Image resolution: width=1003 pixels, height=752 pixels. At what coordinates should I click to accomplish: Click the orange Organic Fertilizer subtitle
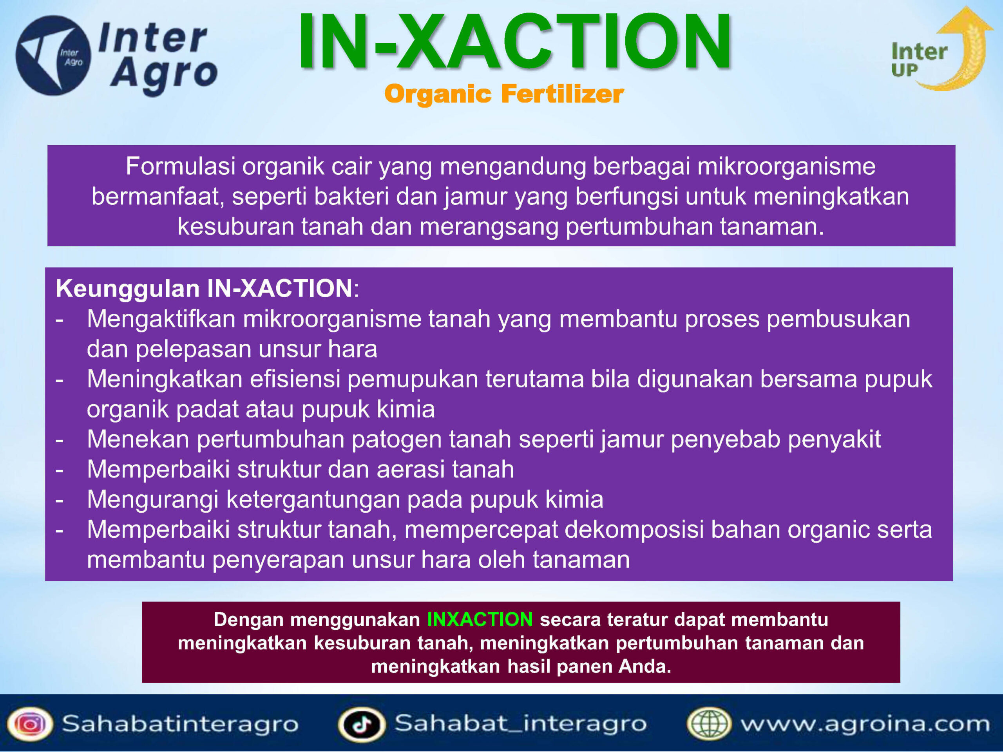(504, 94)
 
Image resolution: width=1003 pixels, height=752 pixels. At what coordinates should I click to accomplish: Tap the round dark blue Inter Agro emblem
(53, 55)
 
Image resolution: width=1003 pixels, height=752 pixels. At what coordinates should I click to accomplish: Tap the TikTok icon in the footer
(361, 724)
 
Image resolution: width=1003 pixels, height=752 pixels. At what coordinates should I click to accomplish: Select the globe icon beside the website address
(709, 724)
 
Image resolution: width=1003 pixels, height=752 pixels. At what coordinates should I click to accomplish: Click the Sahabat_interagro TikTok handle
(521, 723)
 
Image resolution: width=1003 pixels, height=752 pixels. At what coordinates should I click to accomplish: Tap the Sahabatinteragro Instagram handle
(180, 724)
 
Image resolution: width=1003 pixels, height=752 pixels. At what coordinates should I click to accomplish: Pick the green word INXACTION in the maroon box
(480, 619)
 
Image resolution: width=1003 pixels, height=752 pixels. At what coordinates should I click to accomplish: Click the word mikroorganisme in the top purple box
(786, 167)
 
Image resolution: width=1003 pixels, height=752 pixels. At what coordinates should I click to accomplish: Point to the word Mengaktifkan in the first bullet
(161, 320)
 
